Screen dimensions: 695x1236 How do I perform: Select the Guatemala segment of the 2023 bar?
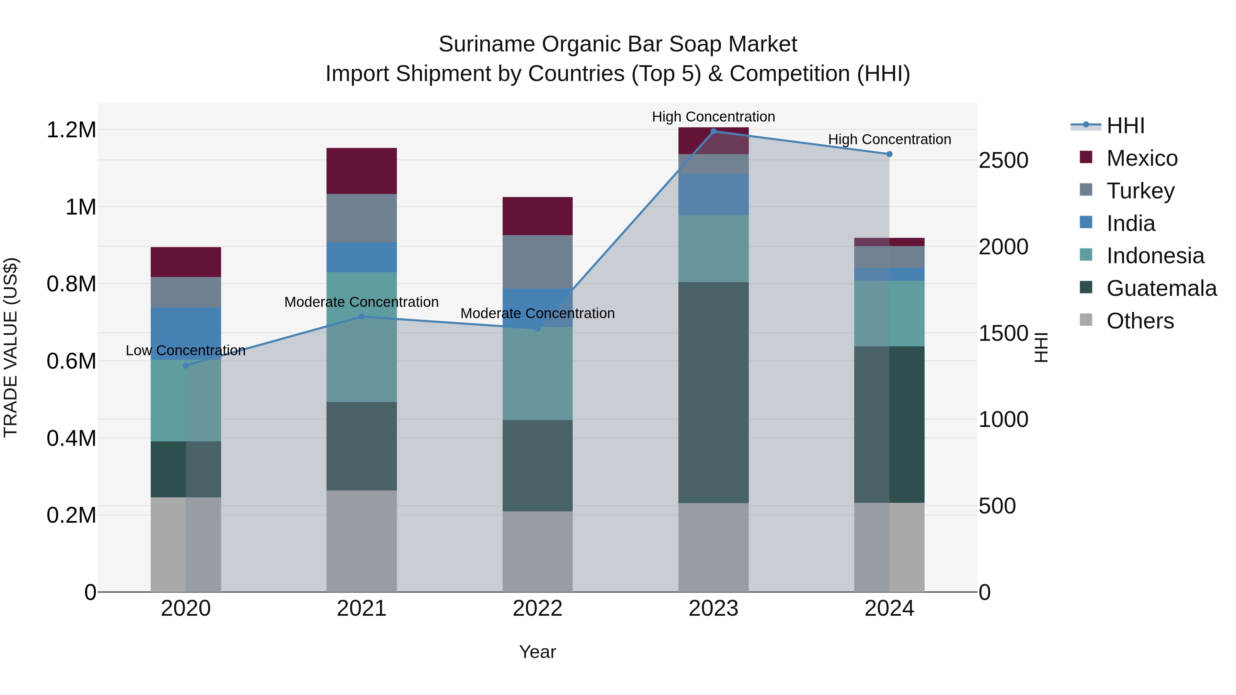(713, 392)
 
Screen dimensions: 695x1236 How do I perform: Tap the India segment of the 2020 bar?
(186, 333)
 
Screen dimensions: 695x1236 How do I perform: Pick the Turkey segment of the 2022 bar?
(537, 262)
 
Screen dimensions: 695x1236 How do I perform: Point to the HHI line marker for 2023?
(713, 131)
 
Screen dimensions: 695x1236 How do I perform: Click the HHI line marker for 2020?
(186, 366)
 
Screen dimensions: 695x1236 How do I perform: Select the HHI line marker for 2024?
(889, 154)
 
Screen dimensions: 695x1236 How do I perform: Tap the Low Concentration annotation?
(186, 351)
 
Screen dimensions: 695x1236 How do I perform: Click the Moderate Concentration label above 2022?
(537, 313)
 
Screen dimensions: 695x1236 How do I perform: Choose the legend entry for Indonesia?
(1155, 256)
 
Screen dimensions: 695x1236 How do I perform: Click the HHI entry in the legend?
(1125, 126)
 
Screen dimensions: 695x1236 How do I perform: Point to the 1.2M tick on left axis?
(71, 130)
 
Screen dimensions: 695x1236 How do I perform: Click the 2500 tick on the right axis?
(1003, 160)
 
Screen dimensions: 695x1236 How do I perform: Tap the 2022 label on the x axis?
(537, 609)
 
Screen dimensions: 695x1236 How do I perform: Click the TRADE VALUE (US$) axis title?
(11, 347)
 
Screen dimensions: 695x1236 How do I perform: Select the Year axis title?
(537, 652)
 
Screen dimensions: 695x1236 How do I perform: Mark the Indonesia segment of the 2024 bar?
(889, 313)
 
